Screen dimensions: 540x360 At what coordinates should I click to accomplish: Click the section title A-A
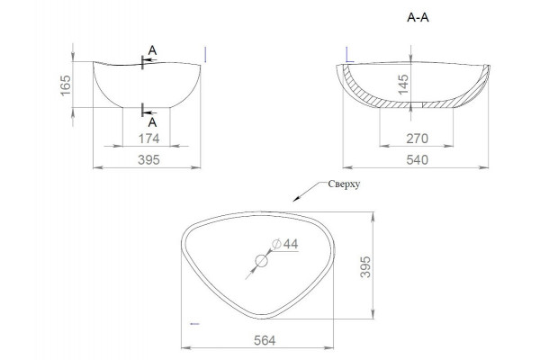418,17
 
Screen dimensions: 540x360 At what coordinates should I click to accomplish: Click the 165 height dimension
66,85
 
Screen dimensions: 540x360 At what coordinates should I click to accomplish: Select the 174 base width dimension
148,139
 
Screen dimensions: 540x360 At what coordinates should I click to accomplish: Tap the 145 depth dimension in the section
402,84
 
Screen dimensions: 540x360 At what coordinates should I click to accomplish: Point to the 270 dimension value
417,139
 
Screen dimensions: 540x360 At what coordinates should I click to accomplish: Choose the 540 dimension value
417,160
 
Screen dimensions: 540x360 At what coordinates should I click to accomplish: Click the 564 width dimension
265,340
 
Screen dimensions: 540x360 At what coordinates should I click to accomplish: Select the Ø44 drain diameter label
285,244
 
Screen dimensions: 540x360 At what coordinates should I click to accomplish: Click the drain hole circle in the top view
261,261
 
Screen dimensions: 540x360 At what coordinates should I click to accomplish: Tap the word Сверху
344,184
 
